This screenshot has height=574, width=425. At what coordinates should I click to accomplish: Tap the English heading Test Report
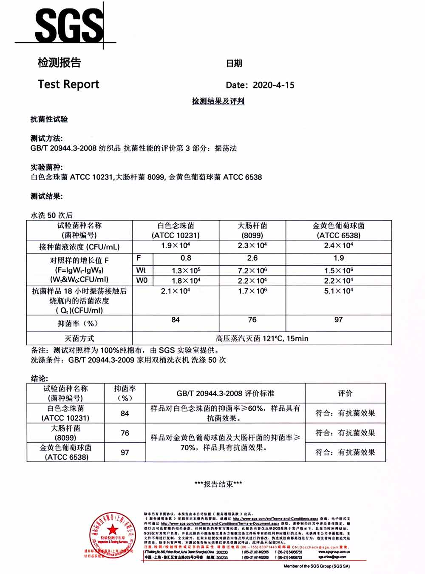click(68, 84)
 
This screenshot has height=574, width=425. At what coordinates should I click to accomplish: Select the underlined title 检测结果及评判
click(218, 101)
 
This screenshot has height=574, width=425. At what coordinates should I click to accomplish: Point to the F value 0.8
click(186, 258)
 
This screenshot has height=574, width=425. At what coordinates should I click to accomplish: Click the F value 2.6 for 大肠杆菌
click(252, 258)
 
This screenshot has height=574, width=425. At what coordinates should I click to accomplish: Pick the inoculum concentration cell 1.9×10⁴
click(176, 246)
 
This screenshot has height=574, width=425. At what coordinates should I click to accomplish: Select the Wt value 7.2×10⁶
click(252, 270)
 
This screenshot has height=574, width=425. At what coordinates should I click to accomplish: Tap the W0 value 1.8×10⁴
click(186, 281)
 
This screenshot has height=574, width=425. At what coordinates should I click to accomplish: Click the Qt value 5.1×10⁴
click(338, 291)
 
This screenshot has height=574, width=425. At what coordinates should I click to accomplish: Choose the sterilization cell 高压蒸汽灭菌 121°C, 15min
click(262, 338)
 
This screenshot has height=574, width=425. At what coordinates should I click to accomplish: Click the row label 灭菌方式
click(79, 338)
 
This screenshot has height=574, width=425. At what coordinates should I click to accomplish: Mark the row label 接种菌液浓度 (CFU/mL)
click(79, 247)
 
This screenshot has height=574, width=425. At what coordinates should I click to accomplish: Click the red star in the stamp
click(112, 529)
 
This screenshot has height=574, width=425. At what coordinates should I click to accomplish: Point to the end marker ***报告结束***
click(218, 484)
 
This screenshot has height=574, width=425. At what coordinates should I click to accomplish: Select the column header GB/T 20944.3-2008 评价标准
click(225, 393)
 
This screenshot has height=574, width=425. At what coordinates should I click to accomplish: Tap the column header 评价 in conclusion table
click(345, 393)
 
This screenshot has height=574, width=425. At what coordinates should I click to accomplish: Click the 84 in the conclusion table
click(125, 413)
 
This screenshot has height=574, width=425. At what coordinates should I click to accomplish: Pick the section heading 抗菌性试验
click(49, 119)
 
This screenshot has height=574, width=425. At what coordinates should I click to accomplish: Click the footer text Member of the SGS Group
click(317, 566)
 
